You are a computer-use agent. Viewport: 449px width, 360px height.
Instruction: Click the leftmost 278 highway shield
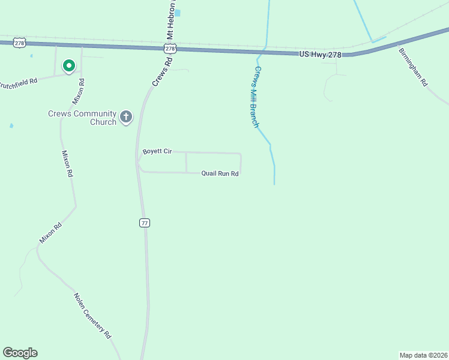click(x=21, y=43)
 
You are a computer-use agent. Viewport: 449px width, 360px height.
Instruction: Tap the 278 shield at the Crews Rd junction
click(x=170, y=49)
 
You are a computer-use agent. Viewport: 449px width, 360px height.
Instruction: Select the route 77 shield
click(x=145, y=223)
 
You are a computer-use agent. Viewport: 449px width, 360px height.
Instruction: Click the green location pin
click(x=69, y=65)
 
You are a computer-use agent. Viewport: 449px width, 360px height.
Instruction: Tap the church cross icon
click(x=126, y=116)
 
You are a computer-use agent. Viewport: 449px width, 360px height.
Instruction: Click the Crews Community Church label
click(x=82, y=118)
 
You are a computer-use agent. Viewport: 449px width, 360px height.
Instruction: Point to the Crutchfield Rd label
click(x=19, y=80)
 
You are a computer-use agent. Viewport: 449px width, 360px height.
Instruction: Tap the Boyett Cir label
click(x=157, y=152)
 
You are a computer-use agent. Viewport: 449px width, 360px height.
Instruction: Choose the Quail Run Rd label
click(x=220, y=173)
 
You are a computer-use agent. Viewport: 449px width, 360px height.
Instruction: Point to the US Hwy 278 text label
click(x=320, y=55)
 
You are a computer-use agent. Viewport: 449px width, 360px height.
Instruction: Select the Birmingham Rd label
click(x=412, y=65)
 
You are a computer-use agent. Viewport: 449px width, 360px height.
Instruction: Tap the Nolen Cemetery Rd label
click(x=92, y=314)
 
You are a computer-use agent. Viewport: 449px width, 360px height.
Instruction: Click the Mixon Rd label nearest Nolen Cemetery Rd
click(x=50, y=233)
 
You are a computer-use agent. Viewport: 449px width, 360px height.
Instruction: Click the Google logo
click(x=20, y=353)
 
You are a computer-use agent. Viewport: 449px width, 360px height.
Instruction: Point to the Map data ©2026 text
click(x=423, y=355)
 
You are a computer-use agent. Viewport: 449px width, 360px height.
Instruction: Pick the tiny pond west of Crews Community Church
click(x=11, y=126)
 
